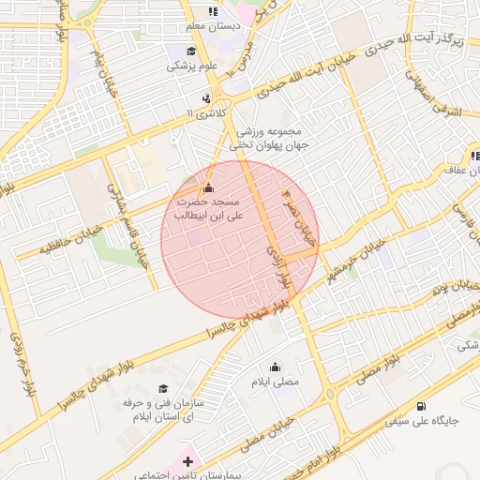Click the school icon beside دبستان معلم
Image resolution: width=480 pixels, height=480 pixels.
(x=213, y=11)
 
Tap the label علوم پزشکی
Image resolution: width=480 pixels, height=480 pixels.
(x=192, y=66)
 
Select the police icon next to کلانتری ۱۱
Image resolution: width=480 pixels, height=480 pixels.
(x=206, y=97)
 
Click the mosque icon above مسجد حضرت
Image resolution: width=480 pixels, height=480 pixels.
(x=208, y=187)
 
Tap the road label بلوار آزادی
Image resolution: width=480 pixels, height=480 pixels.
(x=283, y=269)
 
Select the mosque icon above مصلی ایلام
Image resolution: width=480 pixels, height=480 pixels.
(x=275, y=367)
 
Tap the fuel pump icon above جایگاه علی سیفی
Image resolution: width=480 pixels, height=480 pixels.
(x=421, y=406)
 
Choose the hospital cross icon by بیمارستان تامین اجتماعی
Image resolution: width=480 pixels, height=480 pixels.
(x=188, y=461)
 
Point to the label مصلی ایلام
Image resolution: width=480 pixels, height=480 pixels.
(x=275, y=382)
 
